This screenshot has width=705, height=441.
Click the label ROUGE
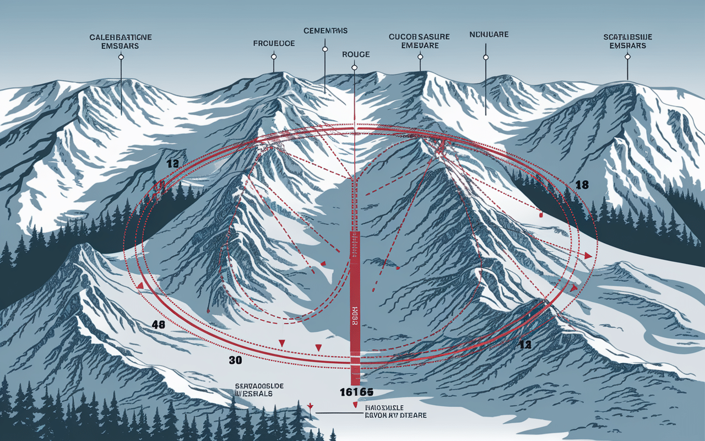pyautogui.click(x=356, y=55)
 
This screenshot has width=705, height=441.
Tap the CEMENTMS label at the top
pyautogui.click(x=325, y=30)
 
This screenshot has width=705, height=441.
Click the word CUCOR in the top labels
pyautogui.click(x=403, y=37)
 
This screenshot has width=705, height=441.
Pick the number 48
pyautogui.click(x=159, y=325)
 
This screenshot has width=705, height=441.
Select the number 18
pyautogui.click(x=582, y=185)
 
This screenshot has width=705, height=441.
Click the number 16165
pyautogui.click(x=356, y=392)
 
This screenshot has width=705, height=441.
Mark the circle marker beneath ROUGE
pyautogui.click(x=354, y=67)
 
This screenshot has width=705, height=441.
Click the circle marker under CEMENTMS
pyautogui.click(x=325, y=49)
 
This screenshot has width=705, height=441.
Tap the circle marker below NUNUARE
pyautogui.click(x=486, y=56)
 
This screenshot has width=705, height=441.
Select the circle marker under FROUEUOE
pyautogui.click(x=273, y=56)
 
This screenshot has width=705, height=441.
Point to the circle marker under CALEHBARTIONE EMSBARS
pyautogui.click(x=121, y=57)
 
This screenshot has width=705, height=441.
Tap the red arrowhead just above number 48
pyautogui.click(x=141, y=286)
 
